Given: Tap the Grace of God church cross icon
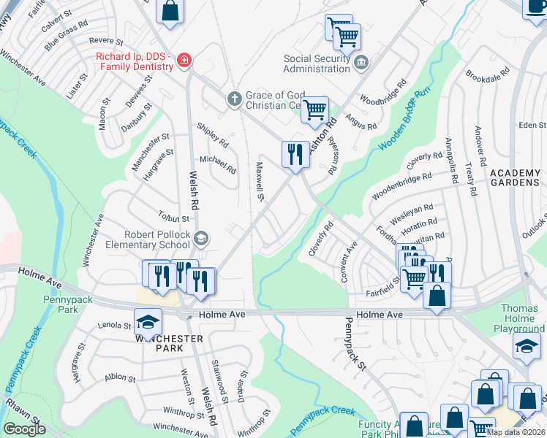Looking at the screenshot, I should point(234,99).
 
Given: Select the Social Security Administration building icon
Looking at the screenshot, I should point(361,64).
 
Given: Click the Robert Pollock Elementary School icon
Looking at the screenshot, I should point(201,238).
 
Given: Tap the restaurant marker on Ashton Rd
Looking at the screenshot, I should point(295,154).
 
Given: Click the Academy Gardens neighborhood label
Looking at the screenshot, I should point(516,177).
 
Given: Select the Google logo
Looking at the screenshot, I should point(24,429).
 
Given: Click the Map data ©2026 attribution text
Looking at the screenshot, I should point(516,432).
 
